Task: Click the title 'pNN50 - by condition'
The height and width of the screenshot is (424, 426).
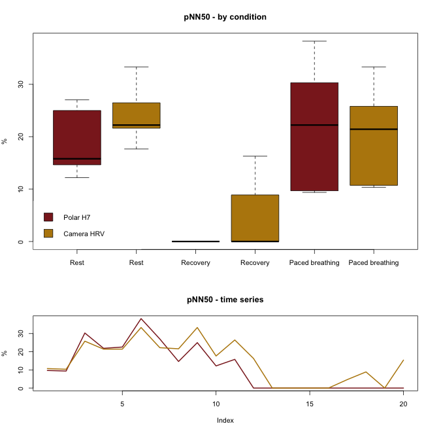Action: pyautogui.click(x=225, y=17)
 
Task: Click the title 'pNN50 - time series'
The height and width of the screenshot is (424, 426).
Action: pyautogui.click(x=225, y=300)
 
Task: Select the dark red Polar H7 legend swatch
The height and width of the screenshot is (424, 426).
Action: pyautogui.click(x=48, y=217)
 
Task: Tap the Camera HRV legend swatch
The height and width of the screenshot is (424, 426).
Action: pyautogui.click(x=48, y=234)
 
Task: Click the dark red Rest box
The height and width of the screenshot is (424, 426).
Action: pyautogui.click(x=77, y=137)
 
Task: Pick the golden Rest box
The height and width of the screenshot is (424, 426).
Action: pyautogui.click(x=137, y=115)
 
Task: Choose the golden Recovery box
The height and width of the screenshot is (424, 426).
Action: pyautogui.click(x=255, y=219)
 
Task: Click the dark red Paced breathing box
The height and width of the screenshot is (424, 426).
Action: pyautogui.click(x=314, y=137)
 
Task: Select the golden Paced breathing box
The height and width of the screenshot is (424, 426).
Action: pyautogui.click(x=374, y=146)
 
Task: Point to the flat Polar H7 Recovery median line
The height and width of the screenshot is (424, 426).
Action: pyautogui.click(x=195, y=241)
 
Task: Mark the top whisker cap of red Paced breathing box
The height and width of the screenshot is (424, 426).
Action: pyautogui.click(x=314, y=41)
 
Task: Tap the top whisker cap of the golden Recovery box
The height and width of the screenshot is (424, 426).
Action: pyautogui.click(x=255, y=156)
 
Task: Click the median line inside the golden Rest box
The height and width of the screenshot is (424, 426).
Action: pyautogui.click(x=137, y=125)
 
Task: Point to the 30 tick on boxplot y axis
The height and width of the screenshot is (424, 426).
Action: pyautogui.click(x=31, y=84)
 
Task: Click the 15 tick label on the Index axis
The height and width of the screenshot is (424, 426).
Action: pyautogui.click(x=310, y=404)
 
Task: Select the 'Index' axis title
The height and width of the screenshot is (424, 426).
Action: pyautogui.click(x=225, y=421)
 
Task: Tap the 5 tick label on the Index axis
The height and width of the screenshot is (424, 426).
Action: pyautogui.click(x=122, y=404)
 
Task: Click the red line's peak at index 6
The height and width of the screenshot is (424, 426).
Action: pyautogui.click(x=141, y=319)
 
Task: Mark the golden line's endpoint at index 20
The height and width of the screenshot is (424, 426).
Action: pyautogui.click(x=403, y=361)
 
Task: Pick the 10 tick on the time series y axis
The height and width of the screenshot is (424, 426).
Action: pyautogui.click(x=31, y=370)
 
